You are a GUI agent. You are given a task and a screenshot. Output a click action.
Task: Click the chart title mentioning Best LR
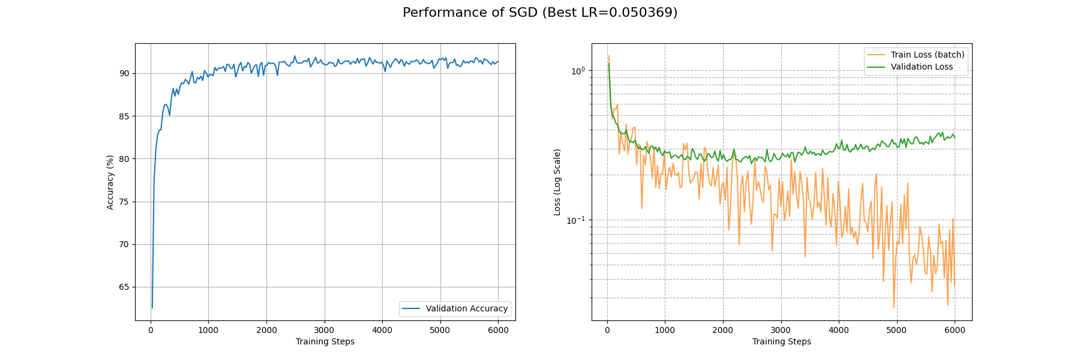pos(540,13)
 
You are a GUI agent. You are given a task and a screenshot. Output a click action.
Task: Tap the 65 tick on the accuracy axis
pos(124,287)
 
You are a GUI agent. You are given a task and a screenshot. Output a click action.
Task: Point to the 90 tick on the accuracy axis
pos(124,73)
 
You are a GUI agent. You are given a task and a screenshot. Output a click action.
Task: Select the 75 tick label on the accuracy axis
pos(124,202)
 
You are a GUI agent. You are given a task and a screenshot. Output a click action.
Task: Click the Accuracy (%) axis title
pos(110,182)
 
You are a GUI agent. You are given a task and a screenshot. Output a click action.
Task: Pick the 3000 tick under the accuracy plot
pos(324,330)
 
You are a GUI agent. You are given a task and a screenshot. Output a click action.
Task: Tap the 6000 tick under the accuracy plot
pos(498,330)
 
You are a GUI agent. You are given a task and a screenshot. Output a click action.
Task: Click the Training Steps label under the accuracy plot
pos(325,341)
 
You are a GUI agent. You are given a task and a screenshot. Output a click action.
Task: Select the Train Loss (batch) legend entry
pos(927,55)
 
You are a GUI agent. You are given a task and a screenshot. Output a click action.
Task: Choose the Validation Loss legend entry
pos(921,67)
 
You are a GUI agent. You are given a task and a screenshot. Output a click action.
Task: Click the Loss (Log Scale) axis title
pos(557,182)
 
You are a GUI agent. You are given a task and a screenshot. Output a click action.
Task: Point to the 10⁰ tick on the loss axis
pos(577,70)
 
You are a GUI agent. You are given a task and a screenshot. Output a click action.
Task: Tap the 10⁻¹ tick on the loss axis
pos(576,220)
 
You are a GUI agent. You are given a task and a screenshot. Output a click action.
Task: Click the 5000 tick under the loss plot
pos(896,330)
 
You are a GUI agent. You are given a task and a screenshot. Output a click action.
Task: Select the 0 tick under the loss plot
pos(607,330)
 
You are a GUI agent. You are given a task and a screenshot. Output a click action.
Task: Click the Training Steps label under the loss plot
pos(781,341)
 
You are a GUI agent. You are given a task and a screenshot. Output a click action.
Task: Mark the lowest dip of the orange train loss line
pos(893,308)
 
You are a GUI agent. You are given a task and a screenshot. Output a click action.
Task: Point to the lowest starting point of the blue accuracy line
pos(152,308)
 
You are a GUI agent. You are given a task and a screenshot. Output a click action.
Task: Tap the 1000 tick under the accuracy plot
pos(208,330)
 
